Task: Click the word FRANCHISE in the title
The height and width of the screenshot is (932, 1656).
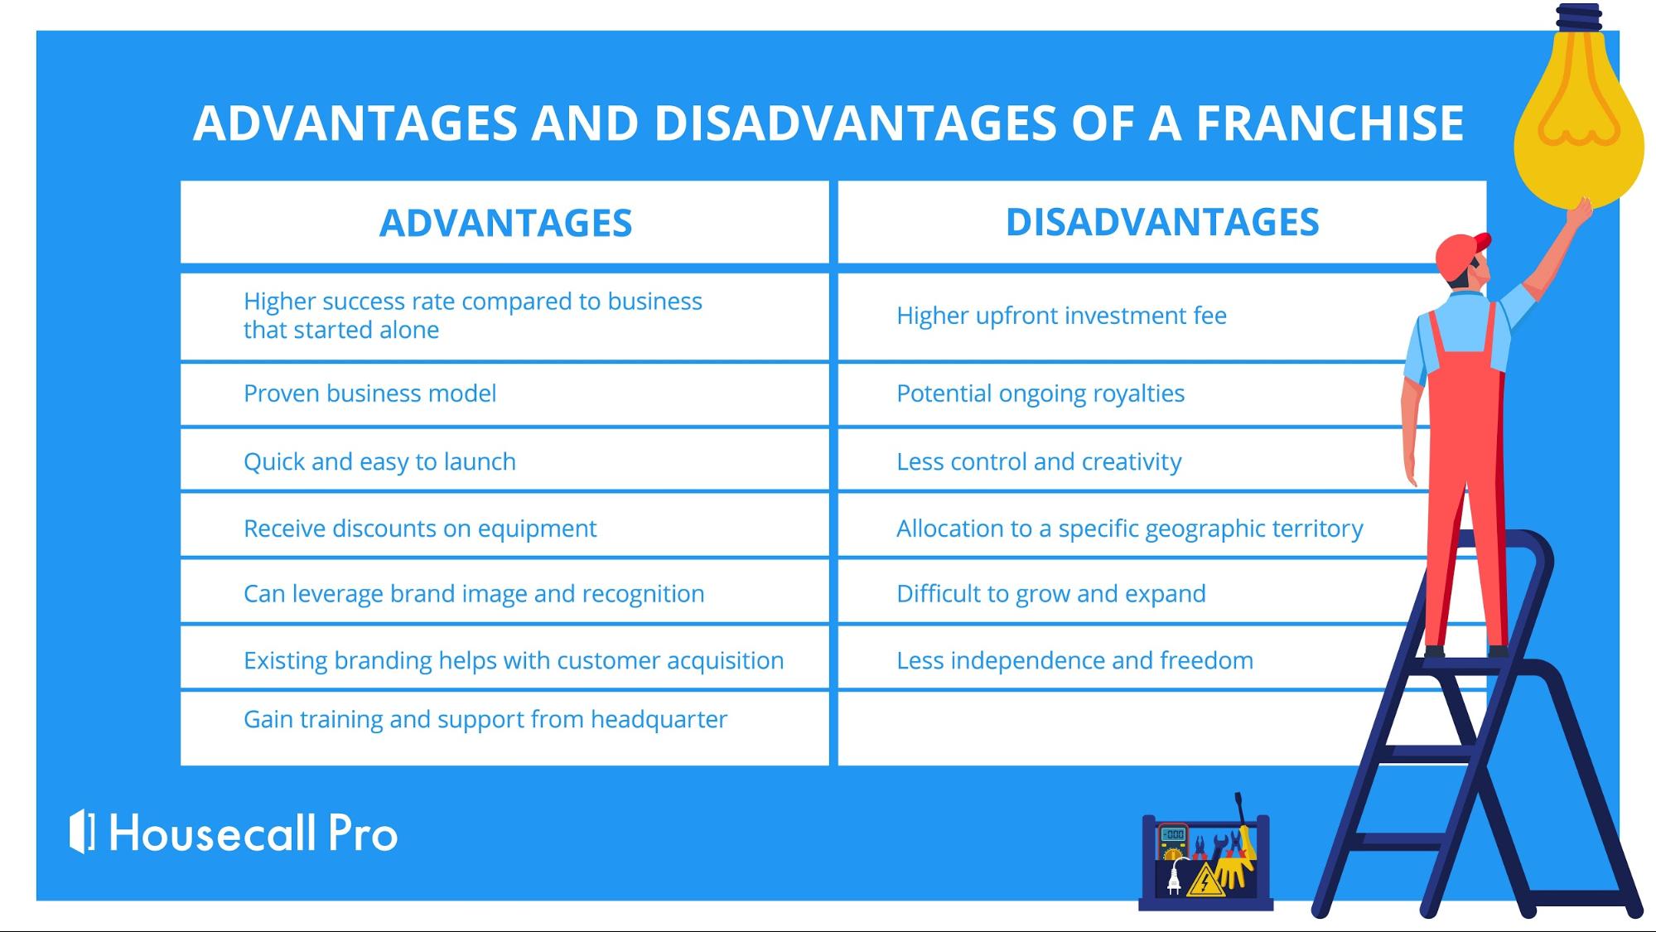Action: [x=1330, y=123]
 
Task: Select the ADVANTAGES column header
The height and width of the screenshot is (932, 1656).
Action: [x=505, y=223]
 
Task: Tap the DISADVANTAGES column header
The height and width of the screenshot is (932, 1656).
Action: [x=1162, y=222]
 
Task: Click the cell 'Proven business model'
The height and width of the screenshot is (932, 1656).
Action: [x=369, y=394]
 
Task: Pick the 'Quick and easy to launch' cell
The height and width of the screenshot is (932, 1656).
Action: [x=379, y=461]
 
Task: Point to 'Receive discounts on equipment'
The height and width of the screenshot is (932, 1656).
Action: [x=420, y=529]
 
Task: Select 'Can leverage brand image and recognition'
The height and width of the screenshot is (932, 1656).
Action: [x=474, y=594]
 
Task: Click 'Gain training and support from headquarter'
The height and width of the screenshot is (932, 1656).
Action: [x=485, y=719]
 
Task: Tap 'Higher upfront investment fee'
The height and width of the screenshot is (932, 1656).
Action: [x=1061, y=316]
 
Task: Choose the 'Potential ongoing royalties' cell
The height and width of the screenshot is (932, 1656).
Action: [x=1040, y=394]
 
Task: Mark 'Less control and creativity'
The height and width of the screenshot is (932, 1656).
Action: [x=1039, y=461]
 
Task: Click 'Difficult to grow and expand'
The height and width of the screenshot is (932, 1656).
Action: [x=1051, y=594]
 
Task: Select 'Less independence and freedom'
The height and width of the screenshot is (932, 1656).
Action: [x=1074, y=660]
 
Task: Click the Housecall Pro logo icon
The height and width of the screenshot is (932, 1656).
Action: [x=82, y=831]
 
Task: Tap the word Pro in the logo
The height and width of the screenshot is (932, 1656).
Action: [x=363, y=833]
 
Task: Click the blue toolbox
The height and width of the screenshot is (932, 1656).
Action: [x=1205, y=862]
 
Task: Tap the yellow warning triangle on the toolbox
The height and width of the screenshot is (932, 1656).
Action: [x=1205, y=881]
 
